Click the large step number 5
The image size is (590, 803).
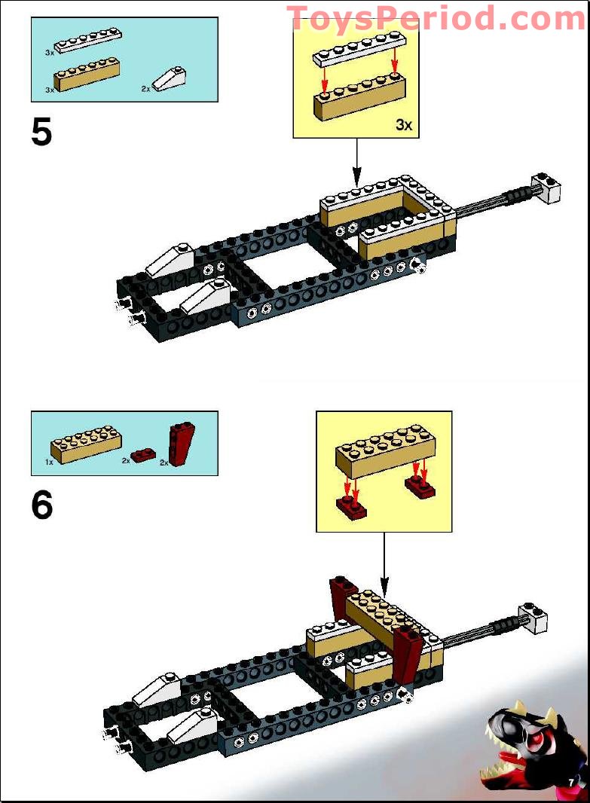[x=42, y=133]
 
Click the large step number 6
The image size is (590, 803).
[x=42, y=505]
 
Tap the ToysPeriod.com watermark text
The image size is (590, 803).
[x=436, y=18]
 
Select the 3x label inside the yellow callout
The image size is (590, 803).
[x=404, y=125]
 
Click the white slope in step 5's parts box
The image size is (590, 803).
[x=169, y=78]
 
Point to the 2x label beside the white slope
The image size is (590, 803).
[x=145, y=88]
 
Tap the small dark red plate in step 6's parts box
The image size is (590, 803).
[x=142, y=454]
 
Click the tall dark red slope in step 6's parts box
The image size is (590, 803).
[x=182, y=444]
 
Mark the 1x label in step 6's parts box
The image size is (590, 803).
[x=49, y=461]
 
